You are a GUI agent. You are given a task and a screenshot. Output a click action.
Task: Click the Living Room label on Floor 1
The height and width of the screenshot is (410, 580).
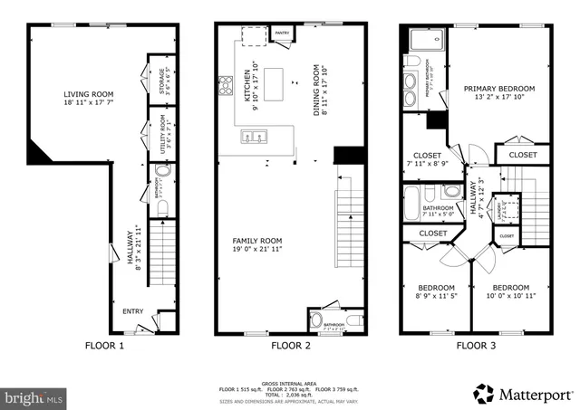pos(87,94)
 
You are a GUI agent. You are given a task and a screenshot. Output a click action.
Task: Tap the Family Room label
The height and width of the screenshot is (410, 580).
pos(257,241)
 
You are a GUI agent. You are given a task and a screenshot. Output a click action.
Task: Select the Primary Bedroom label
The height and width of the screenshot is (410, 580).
pos(499,89)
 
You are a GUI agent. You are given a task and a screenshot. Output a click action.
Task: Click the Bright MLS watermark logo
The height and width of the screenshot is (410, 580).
pos(34,397)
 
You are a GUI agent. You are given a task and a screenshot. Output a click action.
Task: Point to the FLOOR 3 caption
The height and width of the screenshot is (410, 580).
pos(477,345)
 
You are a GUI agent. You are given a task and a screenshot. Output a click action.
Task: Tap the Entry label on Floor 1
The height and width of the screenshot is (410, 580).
pos(132,312)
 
